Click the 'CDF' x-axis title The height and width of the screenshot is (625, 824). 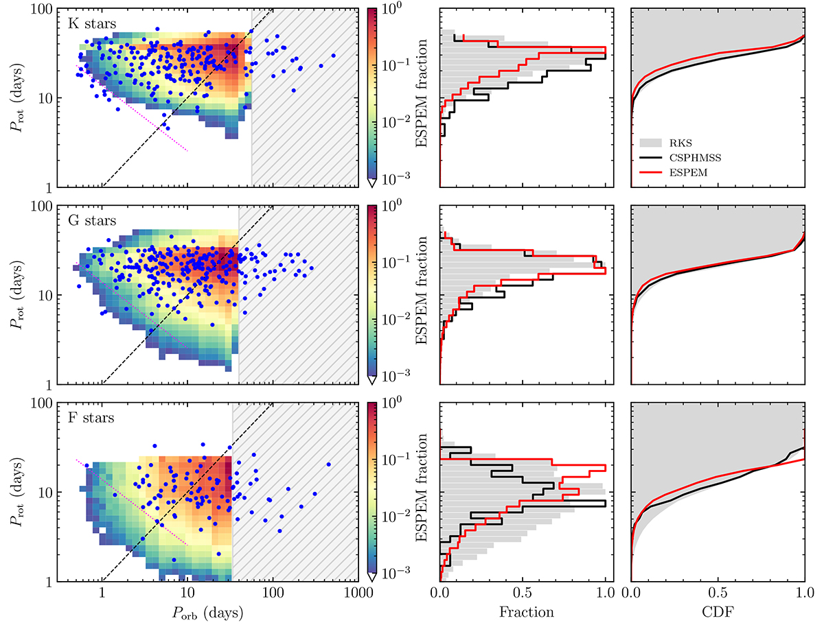tap(718, 611)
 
